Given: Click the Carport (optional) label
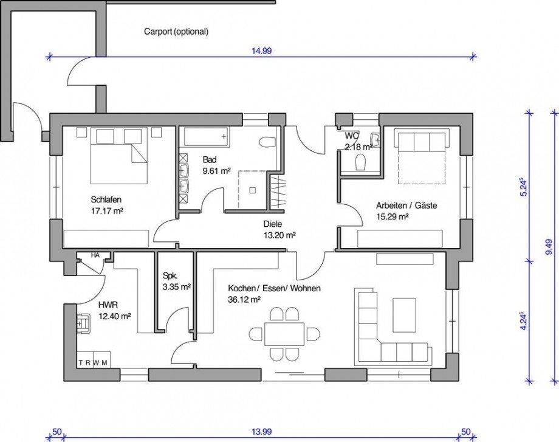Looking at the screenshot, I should (176, 31).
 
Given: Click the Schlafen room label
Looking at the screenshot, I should (107, 199).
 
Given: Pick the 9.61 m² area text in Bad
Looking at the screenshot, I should (216, 171).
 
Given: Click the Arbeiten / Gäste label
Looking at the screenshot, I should (406, 205).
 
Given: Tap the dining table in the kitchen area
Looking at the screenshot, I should (284, 334).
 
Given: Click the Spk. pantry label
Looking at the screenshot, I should (170, 274).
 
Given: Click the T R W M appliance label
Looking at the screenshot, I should (94, 362).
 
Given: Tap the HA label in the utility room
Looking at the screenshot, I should (95, 255).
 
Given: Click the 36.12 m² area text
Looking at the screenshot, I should (244, 299).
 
